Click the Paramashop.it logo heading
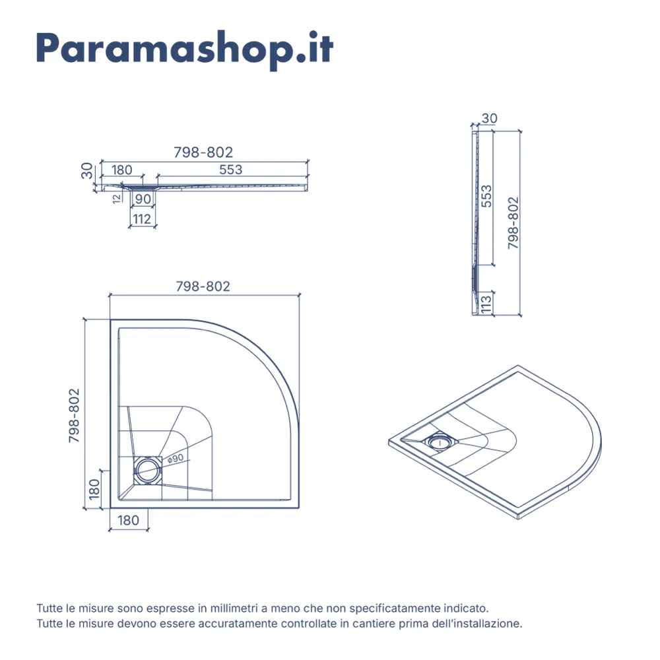[185, 49]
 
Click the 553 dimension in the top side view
[230, 170]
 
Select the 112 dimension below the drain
[142, 219]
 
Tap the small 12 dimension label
[117, 199]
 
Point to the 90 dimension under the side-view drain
[143, 199]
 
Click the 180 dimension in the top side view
[121, 170]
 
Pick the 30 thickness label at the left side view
[86, 171]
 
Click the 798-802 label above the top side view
[203, 152]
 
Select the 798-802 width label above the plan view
[203, 286]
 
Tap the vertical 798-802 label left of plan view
[74, 415]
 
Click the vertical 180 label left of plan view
[94, 489]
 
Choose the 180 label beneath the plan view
[129, 521]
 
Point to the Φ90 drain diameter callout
[176, 459]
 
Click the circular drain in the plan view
[147, 470]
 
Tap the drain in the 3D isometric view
[439, 442]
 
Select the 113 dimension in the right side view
[486, 304]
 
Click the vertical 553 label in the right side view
[486, 196]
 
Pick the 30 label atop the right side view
[490, 119]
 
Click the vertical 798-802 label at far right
[513, 223]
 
